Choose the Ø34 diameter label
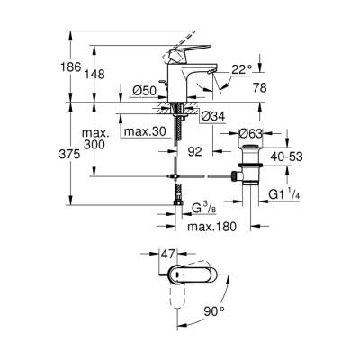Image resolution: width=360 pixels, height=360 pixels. (x=211, y=115)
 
